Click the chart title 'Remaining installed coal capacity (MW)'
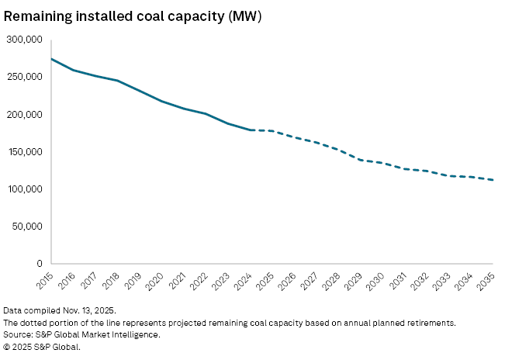[133, 16]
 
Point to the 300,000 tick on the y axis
[25, 40]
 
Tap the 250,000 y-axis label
[25, 77]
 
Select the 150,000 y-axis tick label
[25, 152]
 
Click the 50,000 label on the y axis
[27, 227]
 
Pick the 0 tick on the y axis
[40, 264]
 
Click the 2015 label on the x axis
[45, 281]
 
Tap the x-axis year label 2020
[155, 282]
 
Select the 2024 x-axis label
[244, 282]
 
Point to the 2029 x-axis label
[354, 282]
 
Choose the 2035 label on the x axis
[486, 282]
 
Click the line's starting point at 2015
[52, 59]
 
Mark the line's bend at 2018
[118, 81]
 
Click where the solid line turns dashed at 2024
[251, 130]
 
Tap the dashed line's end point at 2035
[493, 180]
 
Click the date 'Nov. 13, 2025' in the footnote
[89, 310]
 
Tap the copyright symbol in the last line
[6, 347]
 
